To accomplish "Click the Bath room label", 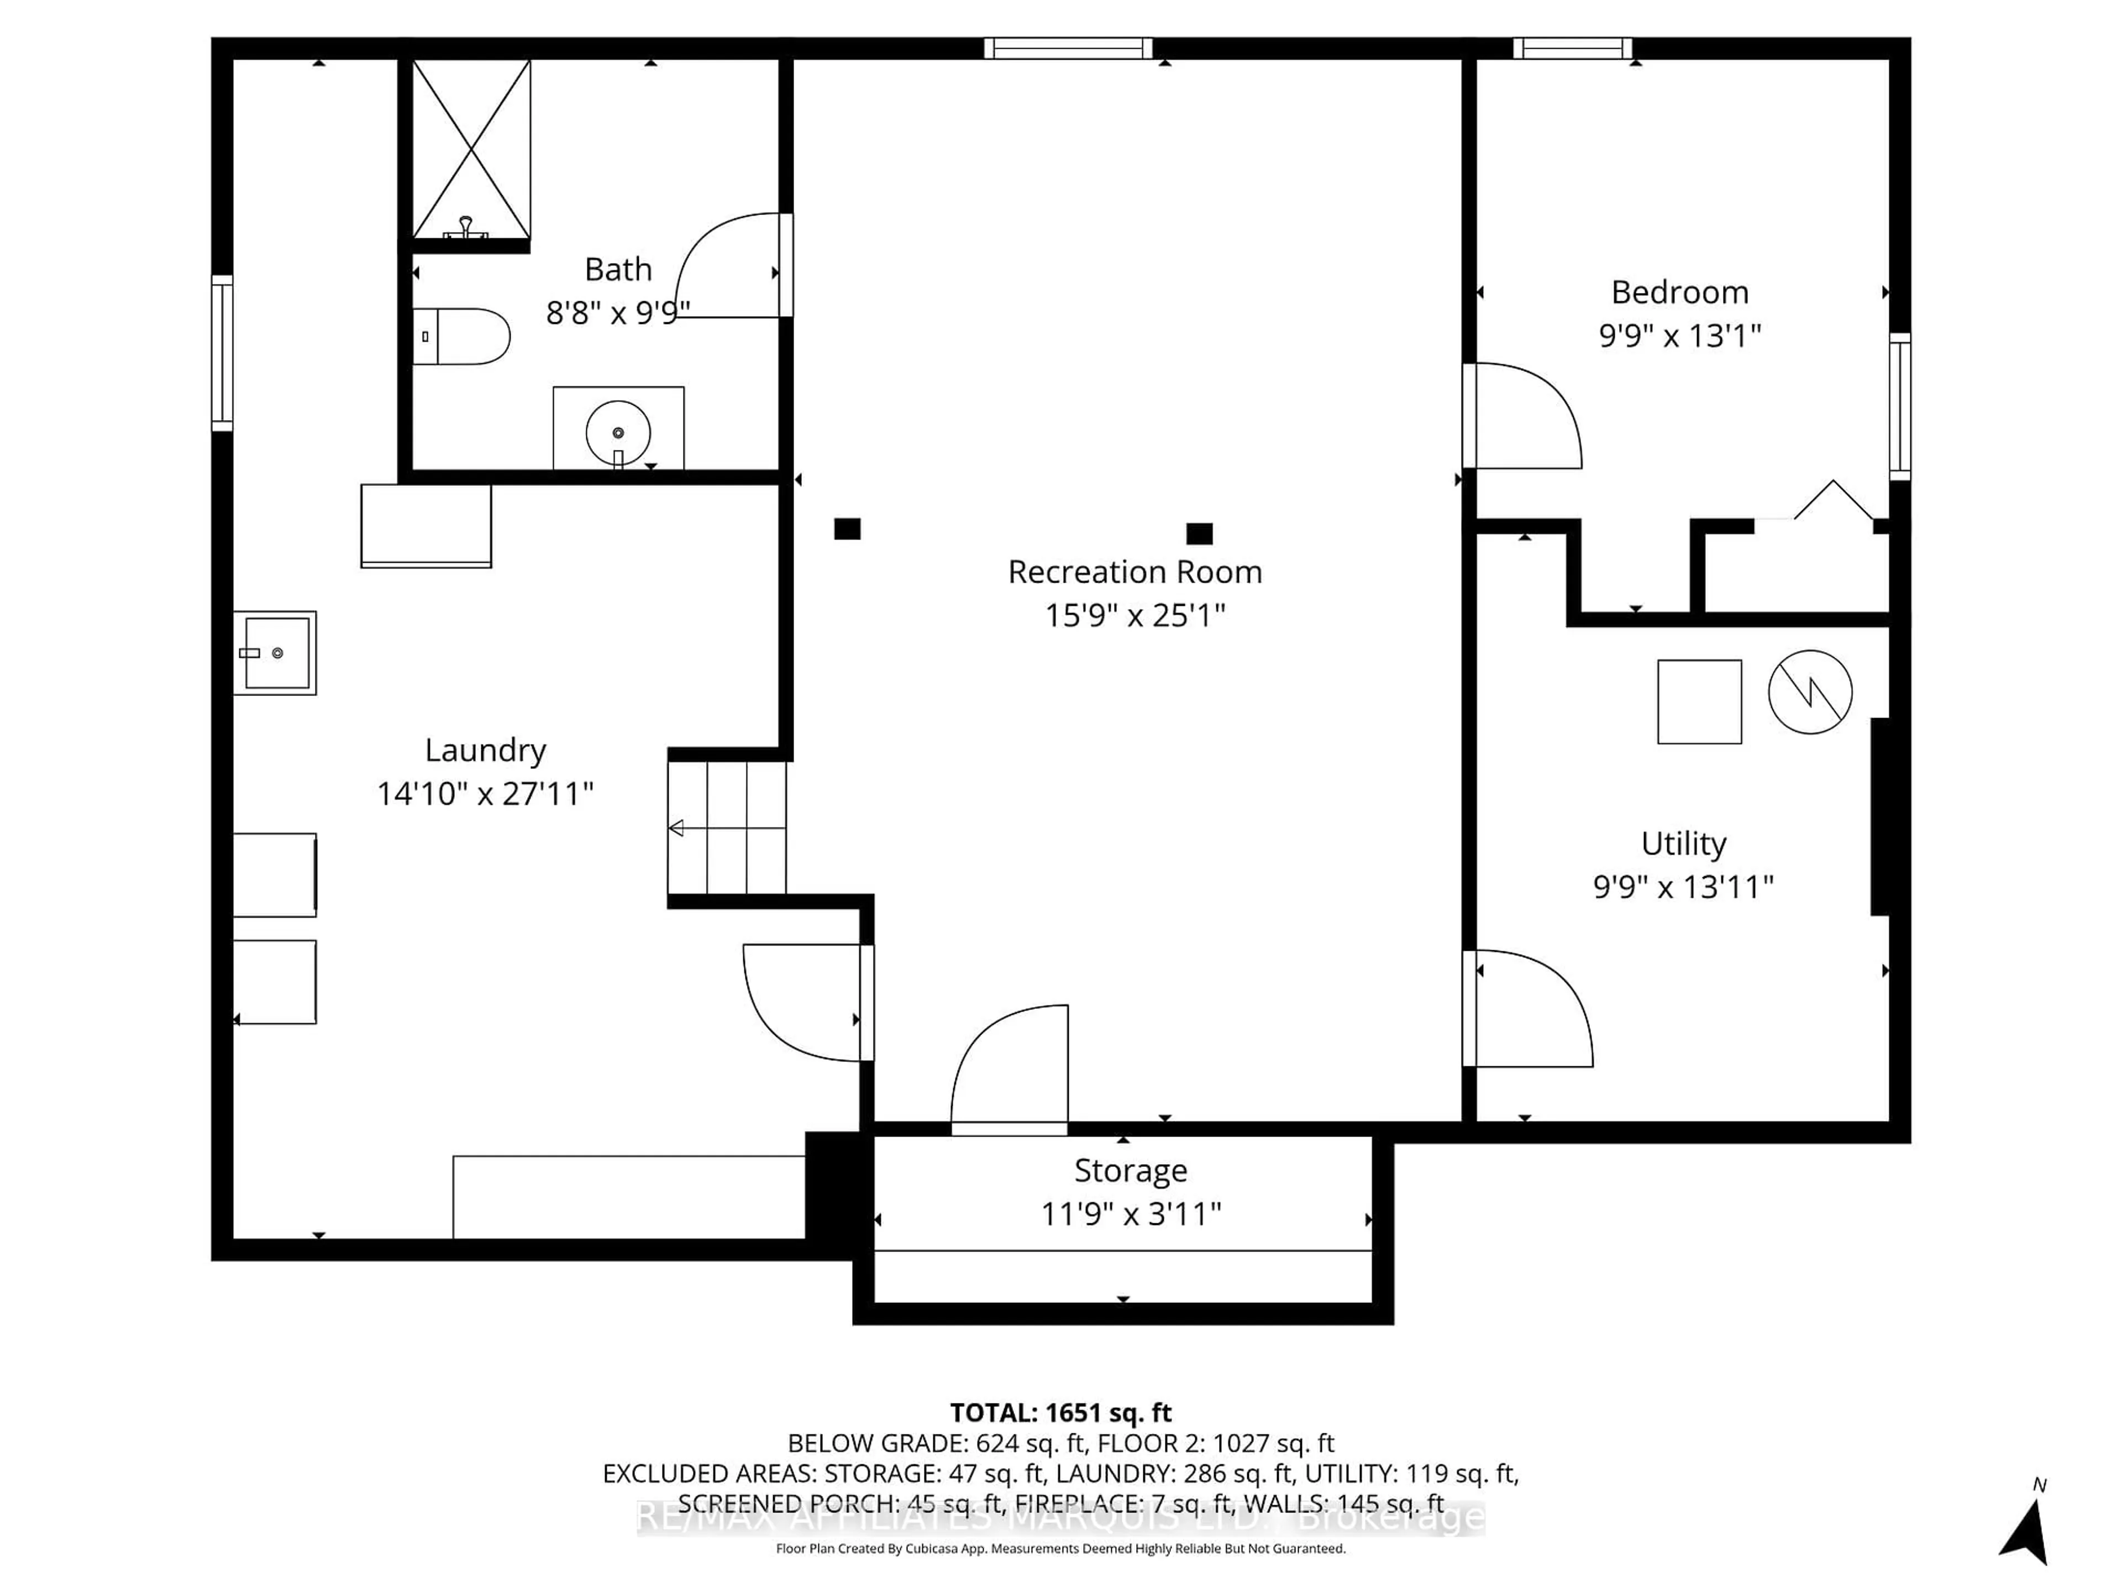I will click(618, 270).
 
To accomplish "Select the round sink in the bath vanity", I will click(618, 433).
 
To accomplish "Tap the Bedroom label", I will click(1679, 292).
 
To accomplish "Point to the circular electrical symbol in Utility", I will click(1809, 692).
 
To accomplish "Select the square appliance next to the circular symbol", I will click(1699, 701).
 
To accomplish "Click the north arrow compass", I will click(2025, 1532).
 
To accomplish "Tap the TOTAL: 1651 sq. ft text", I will click(1060, 1412).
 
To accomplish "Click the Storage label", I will click(1130, 1171).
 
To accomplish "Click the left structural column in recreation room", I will click(847, 529).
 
